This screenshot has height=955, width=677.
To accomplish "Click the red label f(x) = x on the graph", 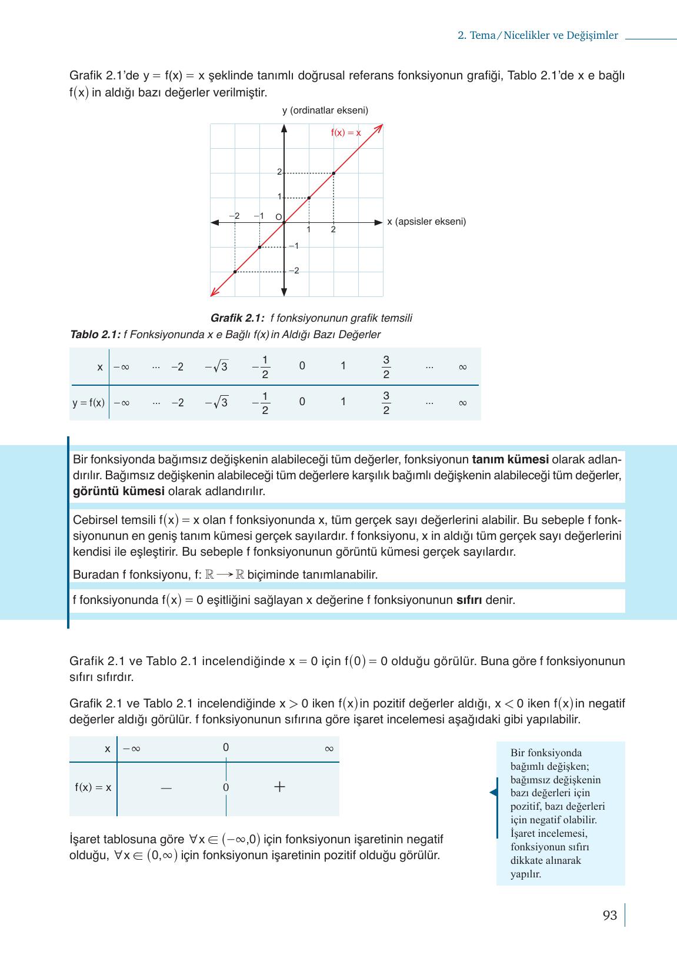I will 346,133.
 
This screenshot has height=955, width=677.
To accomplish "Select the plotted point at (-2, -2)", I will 235,272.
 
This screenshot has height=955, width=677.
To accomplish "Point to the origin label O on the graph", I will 278,216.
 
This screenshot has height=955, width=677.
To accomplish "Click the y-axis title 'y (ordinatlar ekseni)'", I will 325,111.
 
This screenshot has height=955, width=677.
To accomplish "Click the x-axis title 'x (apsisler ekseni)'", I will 426,222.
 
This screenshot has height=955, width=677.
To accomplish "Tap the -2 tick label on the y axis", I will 294,271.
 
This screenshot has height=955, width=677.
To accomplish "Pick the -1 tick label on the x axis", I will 258,216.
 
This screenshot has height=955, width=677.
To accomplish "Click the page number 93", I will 610,916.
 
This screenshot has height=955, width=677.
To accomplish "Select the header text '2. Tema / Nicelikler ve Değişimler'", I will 538,35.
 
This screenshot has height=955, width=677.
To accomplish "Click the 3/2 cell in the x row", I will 386,367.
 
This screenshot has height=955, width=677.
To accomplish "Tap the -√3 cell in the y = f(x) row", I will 216,403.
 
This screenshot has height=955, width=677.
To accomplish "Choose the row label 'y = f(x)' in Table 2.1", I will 89,403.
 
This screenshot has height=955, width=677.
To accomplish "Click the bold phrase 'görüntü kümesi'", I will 118,491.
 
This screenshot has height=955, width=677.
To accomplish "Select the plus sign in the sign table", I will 279,787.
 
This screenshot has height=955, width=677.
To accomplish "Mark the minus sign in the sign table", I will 166,787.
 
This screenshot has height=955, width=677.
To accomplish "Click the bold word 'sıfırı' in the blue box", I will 469,600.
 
